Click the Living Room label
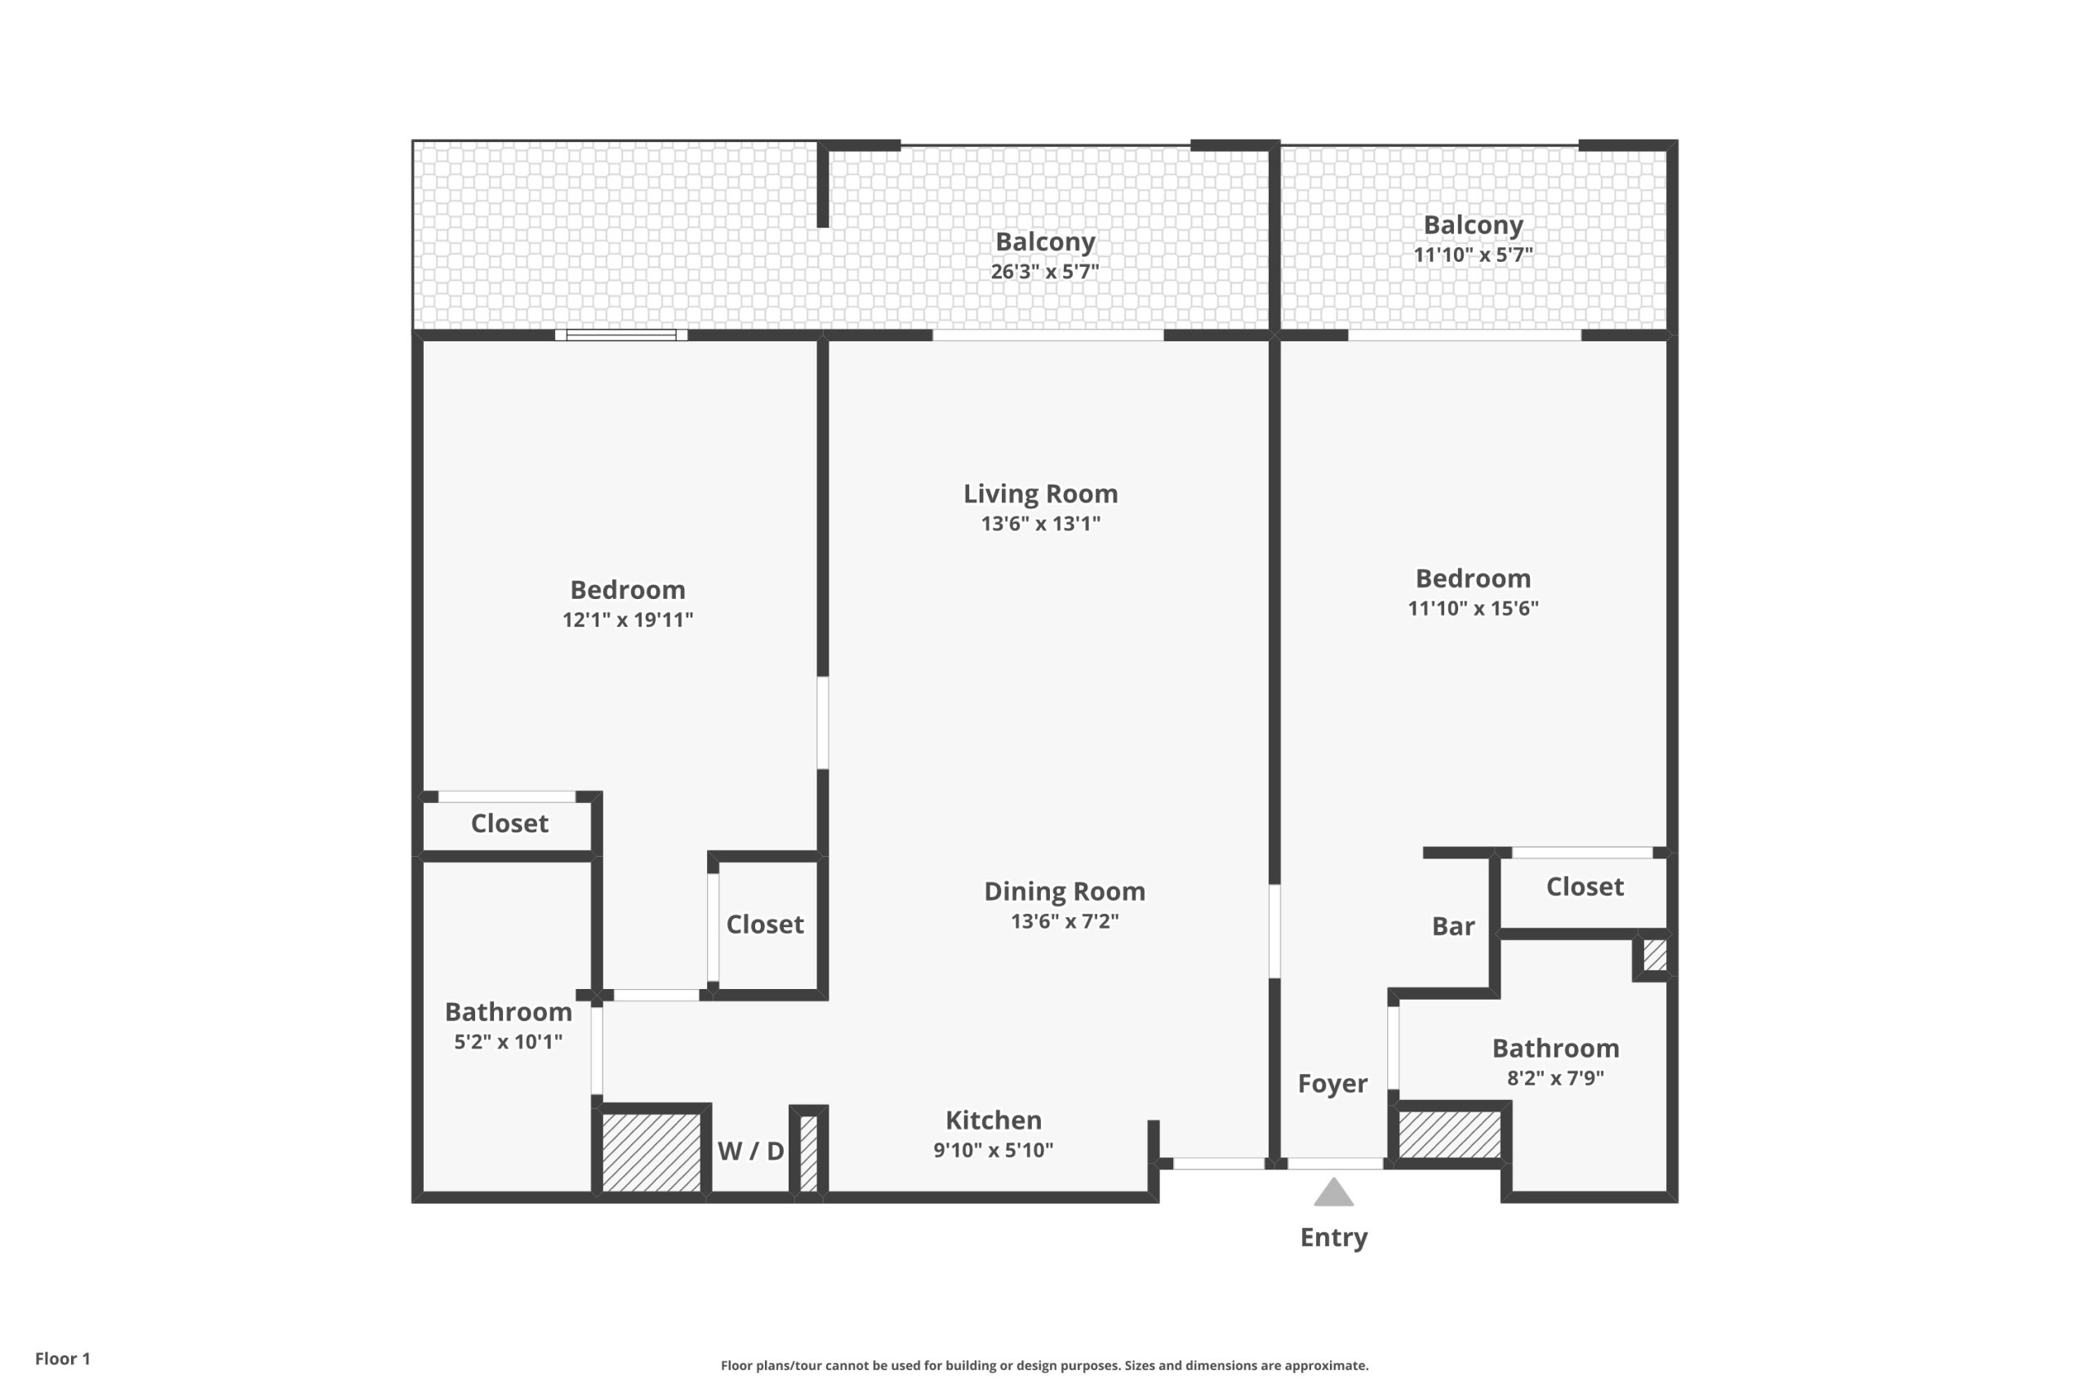[1041, 494]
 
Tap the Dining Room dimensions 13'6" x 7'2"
[1065, 921]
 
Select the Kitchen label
[994, 1120]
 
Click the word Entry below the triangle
[1334, 1237]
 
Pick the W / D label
[751, 1151]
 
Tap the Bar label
[1453, 926]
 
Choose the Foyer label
[1332, 1084]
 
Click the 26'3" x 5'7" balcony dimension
[1045, 272]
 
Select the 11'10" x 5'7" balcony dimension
[1474, 255]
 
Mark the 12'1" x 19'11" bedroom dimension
[627, 620]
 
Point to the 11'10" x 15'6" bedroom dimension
[1474, 609]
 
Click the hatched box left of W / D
[652, 1152]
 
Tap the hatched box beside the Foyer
[1449, 1134]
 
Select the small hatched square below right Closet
[1655, 956]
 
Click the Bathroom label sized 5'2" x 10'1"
[509, 1012]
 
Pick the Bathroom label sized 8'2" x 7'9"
[1555, 1049]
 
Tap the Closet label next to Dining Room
[765, 925]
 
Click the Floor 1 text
[63, 1359]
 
